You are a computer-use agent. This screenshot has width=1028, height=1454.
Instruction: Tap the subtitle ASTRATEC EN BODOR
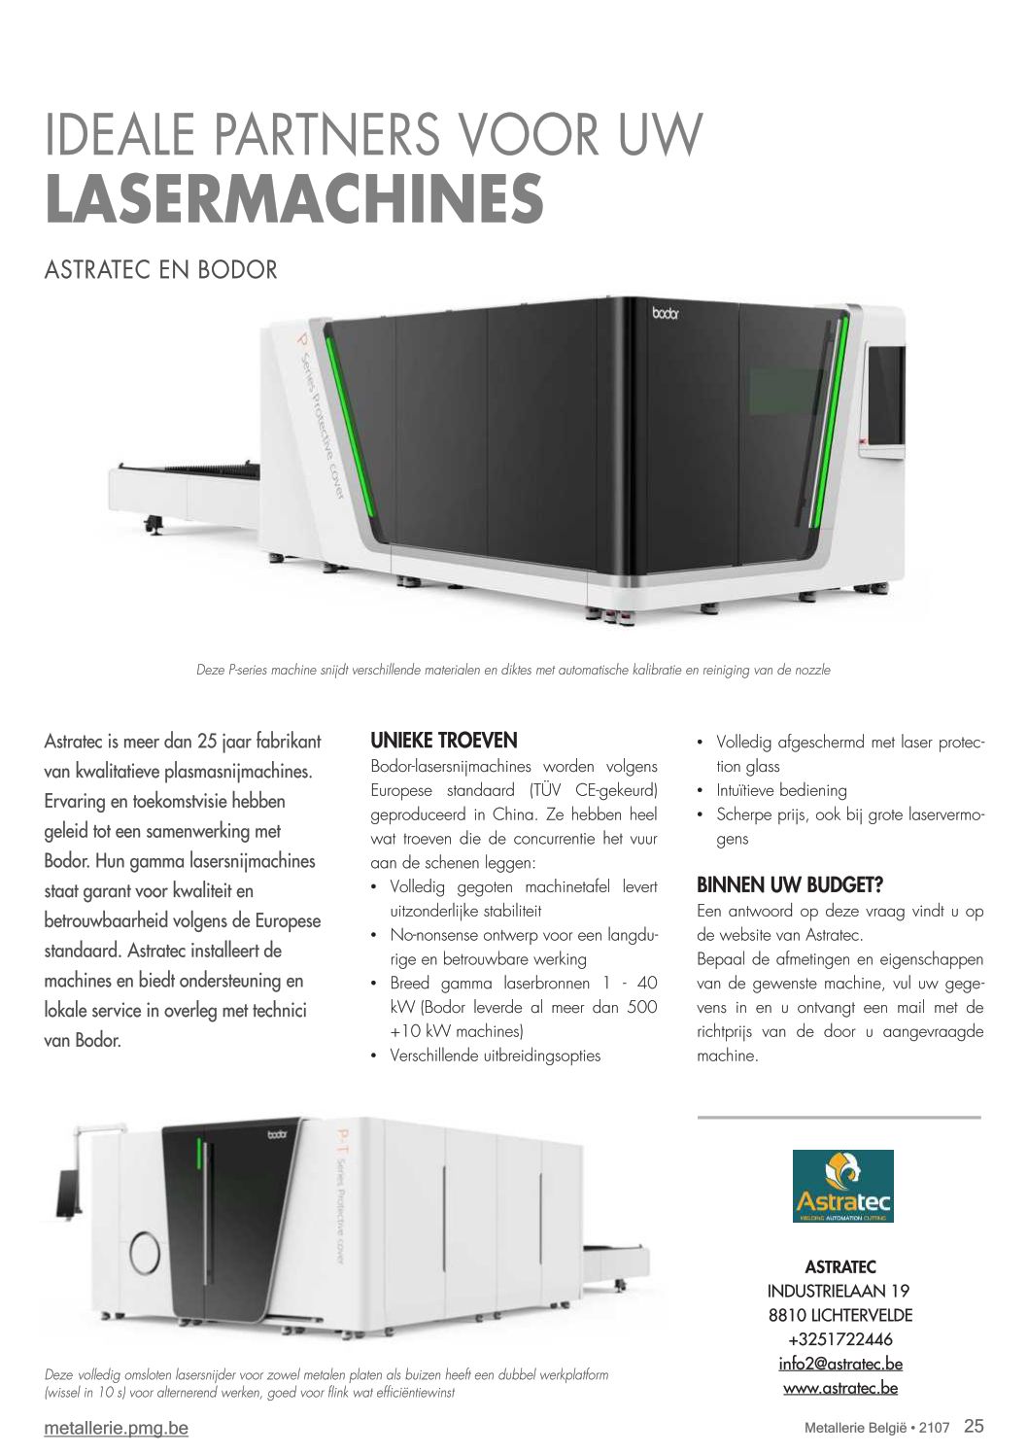pos(161,269)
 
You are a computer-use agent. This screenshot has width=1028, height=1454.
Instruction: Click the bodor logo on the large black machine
pos(666,314)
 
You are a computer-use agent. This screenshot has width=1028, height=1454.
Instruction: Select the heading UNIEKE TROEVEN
pos(444,740)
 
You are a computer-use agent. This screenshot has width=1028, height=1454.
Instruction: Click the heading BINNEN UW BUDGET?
pos(790,884)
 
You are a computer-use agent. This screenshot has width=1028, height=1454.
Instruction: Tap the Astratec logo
pos(843,1186)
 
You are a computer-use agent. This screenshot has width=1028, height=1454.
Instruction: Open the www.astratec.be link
pos(840,1388)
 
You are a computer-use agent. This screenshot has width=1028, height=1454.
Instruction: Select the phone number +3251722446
pos(840,1339)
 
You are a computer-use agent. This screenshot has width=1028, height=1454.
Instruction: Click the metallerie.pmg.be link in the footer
pos(117,1429)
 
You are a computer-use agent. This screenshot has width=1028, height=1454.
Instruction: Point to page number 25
pos(974,1426)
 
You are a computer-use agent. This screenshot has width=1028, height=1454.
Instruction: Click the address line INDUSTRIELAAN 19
pos(839,1291)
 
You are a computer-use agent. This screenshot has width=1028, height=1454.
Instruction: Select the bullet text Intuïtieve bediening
pos(781,790)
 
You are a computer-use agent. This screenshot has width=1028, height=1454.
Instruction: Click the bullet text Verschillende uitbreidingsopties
pos(496,1056)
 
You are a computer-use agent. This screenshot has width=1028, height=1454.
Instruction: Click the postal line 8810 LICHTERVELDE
pos(840,1315)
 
